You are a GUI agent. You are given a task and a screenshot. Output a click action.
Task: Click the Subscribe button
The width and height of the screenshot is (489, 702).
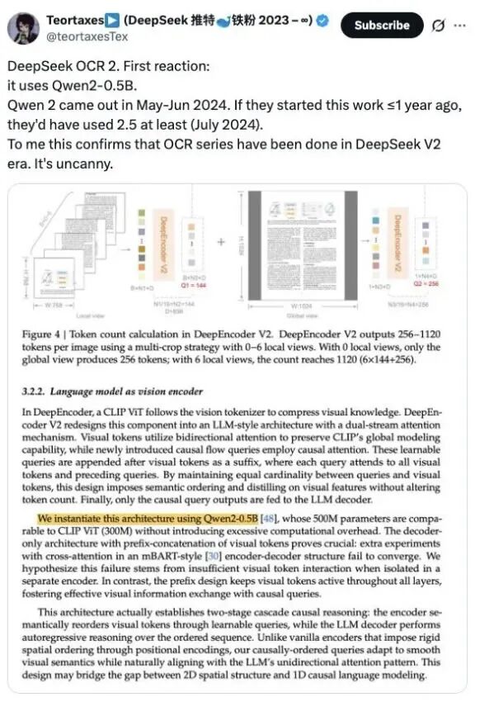382,25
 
